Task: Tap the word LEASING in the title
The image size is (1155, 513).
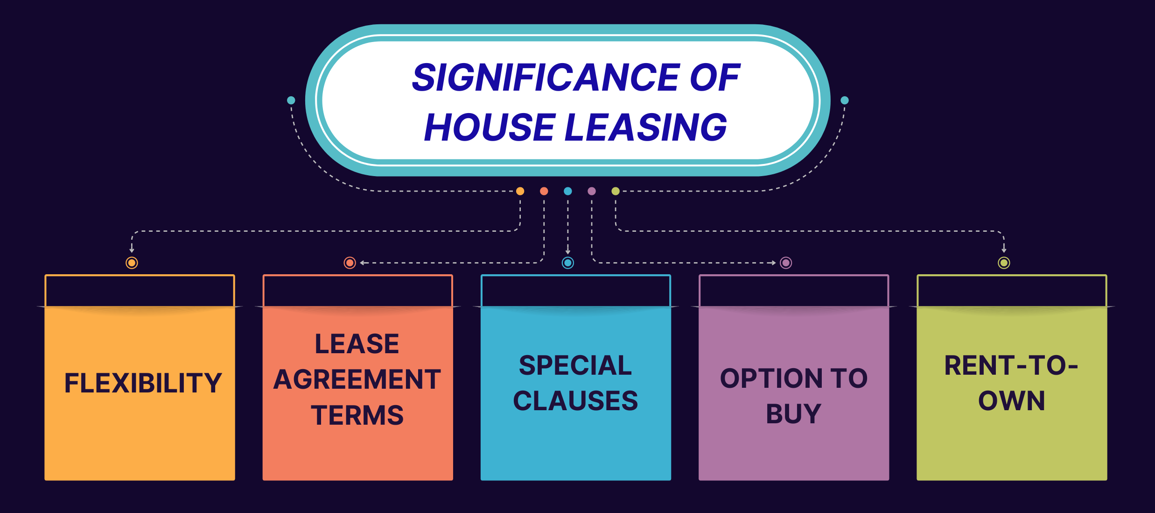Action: pos(646,127)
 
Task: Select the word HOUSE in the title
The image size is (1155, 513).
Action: pos(490,127)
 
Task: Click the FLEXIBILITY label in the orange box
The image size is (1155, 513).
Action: pos(143,383)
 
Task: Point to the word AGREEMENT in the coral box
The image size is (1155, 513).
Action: pos(357,379)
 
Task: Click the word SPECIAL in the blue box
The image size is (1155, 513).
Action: pos(575,365)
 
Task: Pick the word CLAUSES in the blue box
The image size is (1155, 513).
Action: pos(575,401)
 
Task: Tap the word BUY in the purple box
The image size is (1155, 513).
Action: pos(793,414)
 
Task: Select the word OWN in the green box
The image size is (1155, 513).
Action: pos(1011,401)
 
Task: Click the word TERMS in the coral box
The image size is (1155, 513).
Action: pos(357,415)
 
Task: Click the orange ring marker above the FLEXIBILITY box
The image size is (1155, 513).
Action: pos(132,263)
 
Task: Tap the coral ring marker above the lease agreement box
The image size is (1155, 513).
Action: pos(350,263)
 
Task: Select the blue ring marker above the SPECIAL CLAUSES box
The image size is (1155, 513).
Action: pos(567,263)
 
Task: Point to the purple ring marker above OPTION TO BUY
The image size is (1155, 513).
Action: pos(786,263)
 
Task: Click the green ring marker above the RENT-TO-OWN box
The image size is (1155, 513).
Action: pos(1004,263)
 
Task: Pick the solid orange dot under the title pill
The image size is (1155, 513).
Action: pos(520,191)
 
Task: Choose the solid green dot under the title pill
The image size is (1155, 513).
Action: pos(616,191)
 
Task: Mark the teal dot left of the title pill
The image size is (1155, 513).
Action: pos(291,100)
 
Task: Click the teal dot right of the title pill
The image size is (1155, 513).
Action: pos(845,100)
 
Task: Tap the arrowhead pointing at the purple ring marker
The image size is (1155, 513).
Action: pos(773,263)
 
